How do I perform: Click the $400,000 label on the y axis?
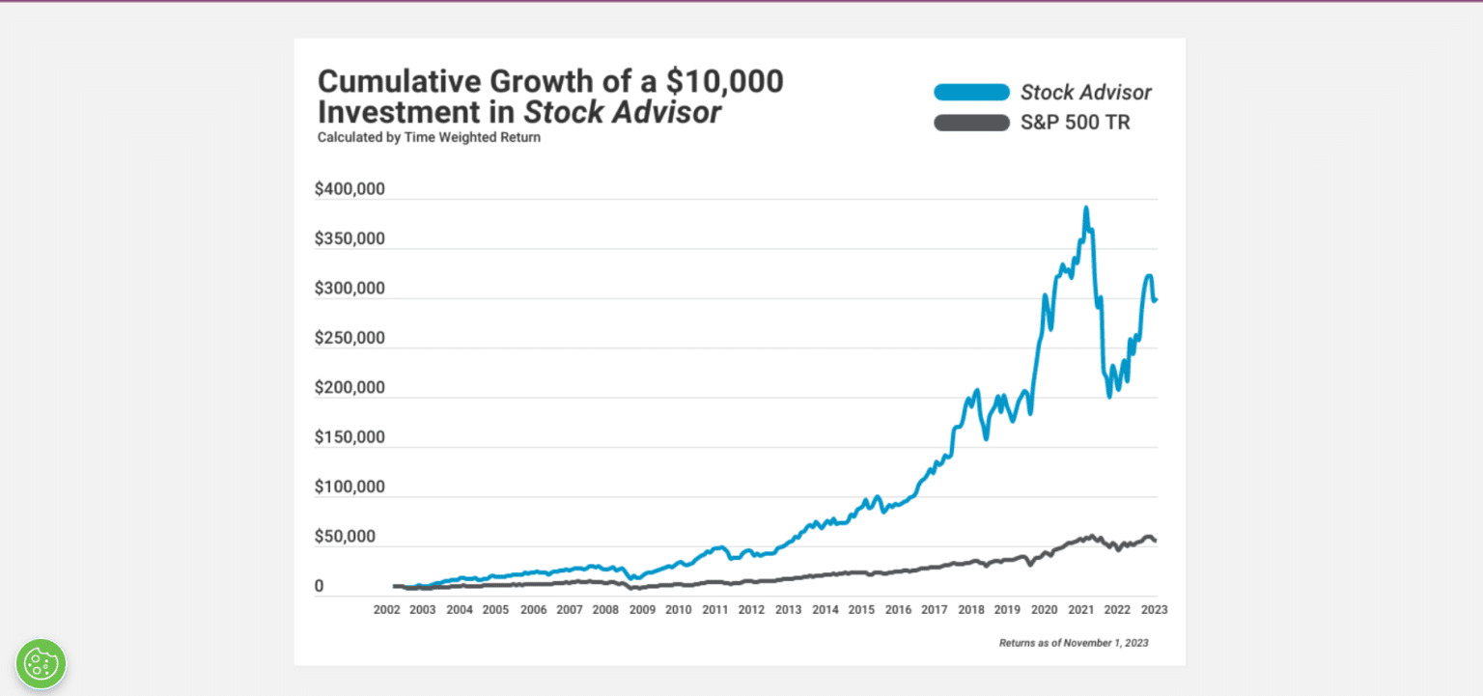[x=350, y=189]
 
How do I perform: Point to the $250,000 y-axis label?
[x=350, y=338]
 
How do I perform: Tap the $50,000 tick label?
[x=346, y=537]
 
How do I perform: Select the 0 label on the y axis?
[x=320, y=587]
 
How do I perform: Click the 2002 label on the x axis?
[x=386, y=610]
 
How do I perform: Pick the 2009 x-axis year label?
[x=642, y=610]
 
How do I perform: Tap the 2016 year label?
[x=898, y=610]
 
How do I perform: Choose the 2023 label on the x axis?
[x=1154, y=610]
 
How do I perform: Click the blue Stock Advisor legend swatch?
[x=970, y=93]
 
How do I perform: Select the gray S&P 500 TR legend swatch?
[x=970, y=123]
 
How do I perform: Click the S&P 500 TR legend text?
[x=1075, y=123]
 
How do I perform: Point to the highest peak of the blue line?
[x=1086, y=208]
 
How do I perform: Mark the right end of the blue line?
[x=1156, y=299]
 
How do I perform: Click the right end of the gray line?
[x=1155, y=541]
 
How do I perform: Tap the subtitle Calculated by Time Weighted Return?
[x=429, y=137]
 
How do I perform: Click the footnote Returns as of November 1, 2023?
[x=1074, y=643]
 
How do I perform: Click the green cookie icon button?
[x=41, y=663]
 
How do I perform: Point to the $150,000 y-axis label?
[x=350, y=437]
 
